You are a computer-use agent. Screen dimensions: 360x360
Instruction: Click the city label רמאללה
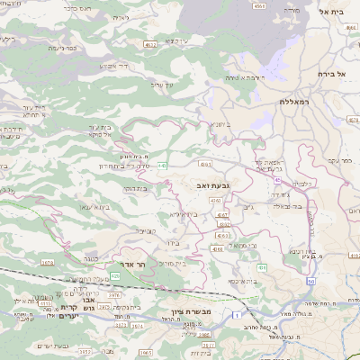[x=294, y=103]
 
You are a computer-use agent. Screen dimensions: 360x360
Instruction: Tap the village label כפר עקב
[x=339, y=160]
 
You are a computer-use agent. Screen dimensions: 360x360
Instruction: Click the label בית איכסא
[x=242, y=281]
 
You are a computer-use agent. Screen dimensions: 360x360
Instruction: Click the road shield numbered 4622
[x=150, y=43]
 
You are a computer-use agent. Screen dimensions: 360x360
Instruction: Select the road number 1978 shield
[x=48, y=263]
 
